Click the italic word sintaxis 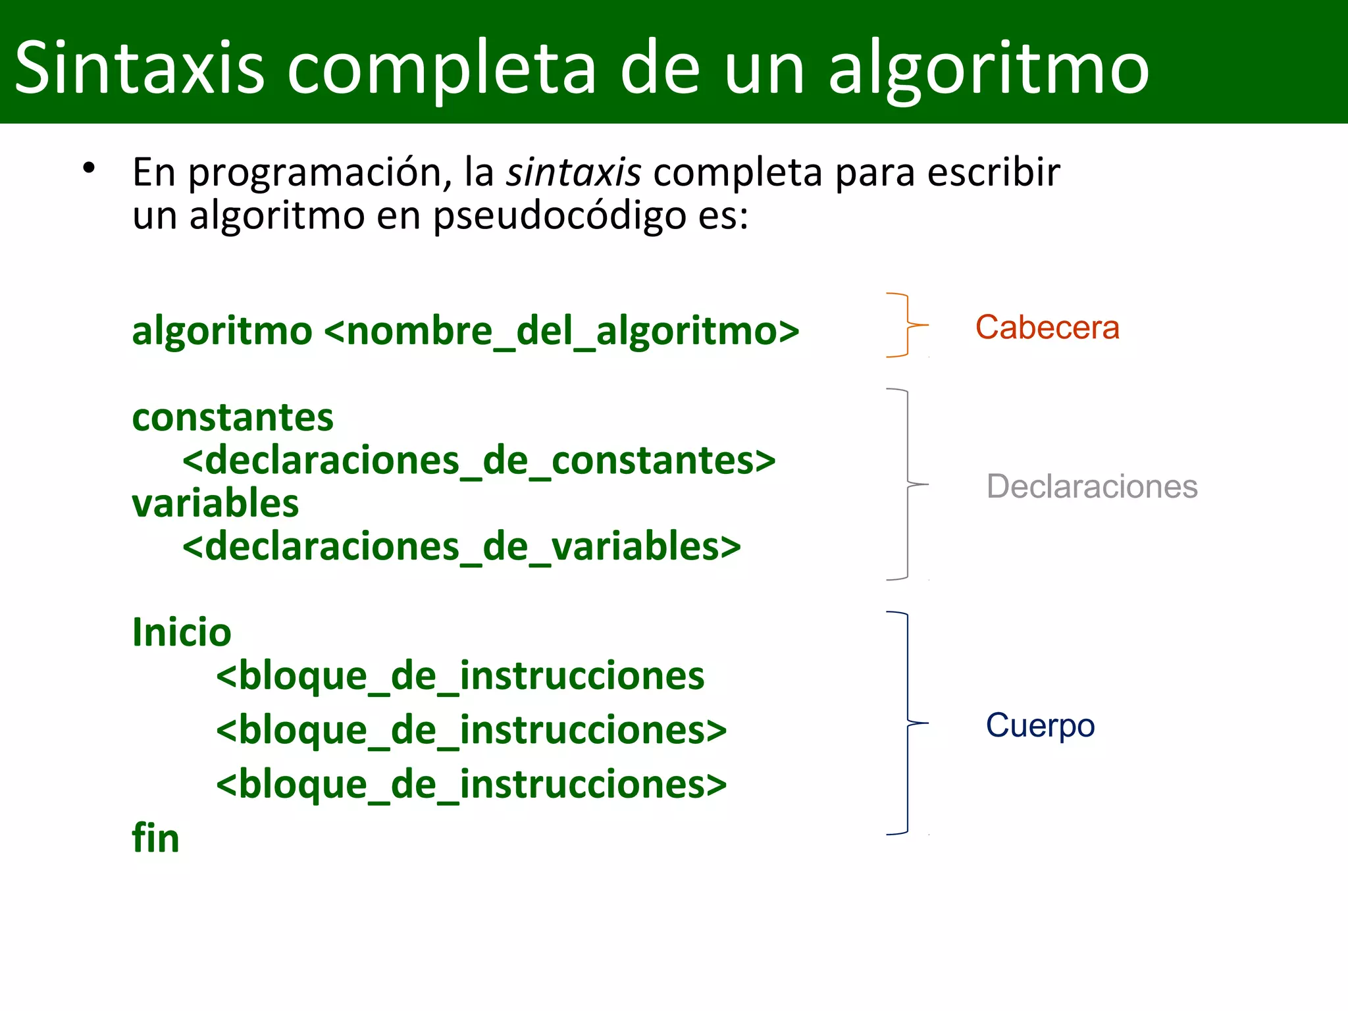tap(573, 172)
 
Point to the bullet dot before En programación tap(89, 168)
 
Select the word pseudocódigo tap(559, 216)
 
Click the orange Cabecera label tap(1047, 327)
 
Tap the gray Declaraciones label tap(1091, 486)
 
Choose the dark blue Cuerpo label tap(1040, 725)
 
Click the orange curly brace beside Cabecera tap(908, 325)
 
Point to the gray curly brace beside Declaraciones tap(908, 484)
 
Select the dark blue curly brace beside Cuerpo tap(908, 723)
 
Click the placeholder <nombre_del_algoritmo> tap(561, 330)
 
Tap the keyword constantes tap(232, 417)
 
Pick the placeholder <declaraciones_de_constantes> tap(479, 460)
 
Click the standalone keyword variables tap(215, 504)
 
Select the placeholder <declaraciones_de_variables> tap(461, 547)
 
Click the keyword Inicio tap(182, 632)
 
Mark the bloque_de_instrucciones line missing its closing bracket tap(460, 676)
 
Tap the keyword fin tap(155, 838)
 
